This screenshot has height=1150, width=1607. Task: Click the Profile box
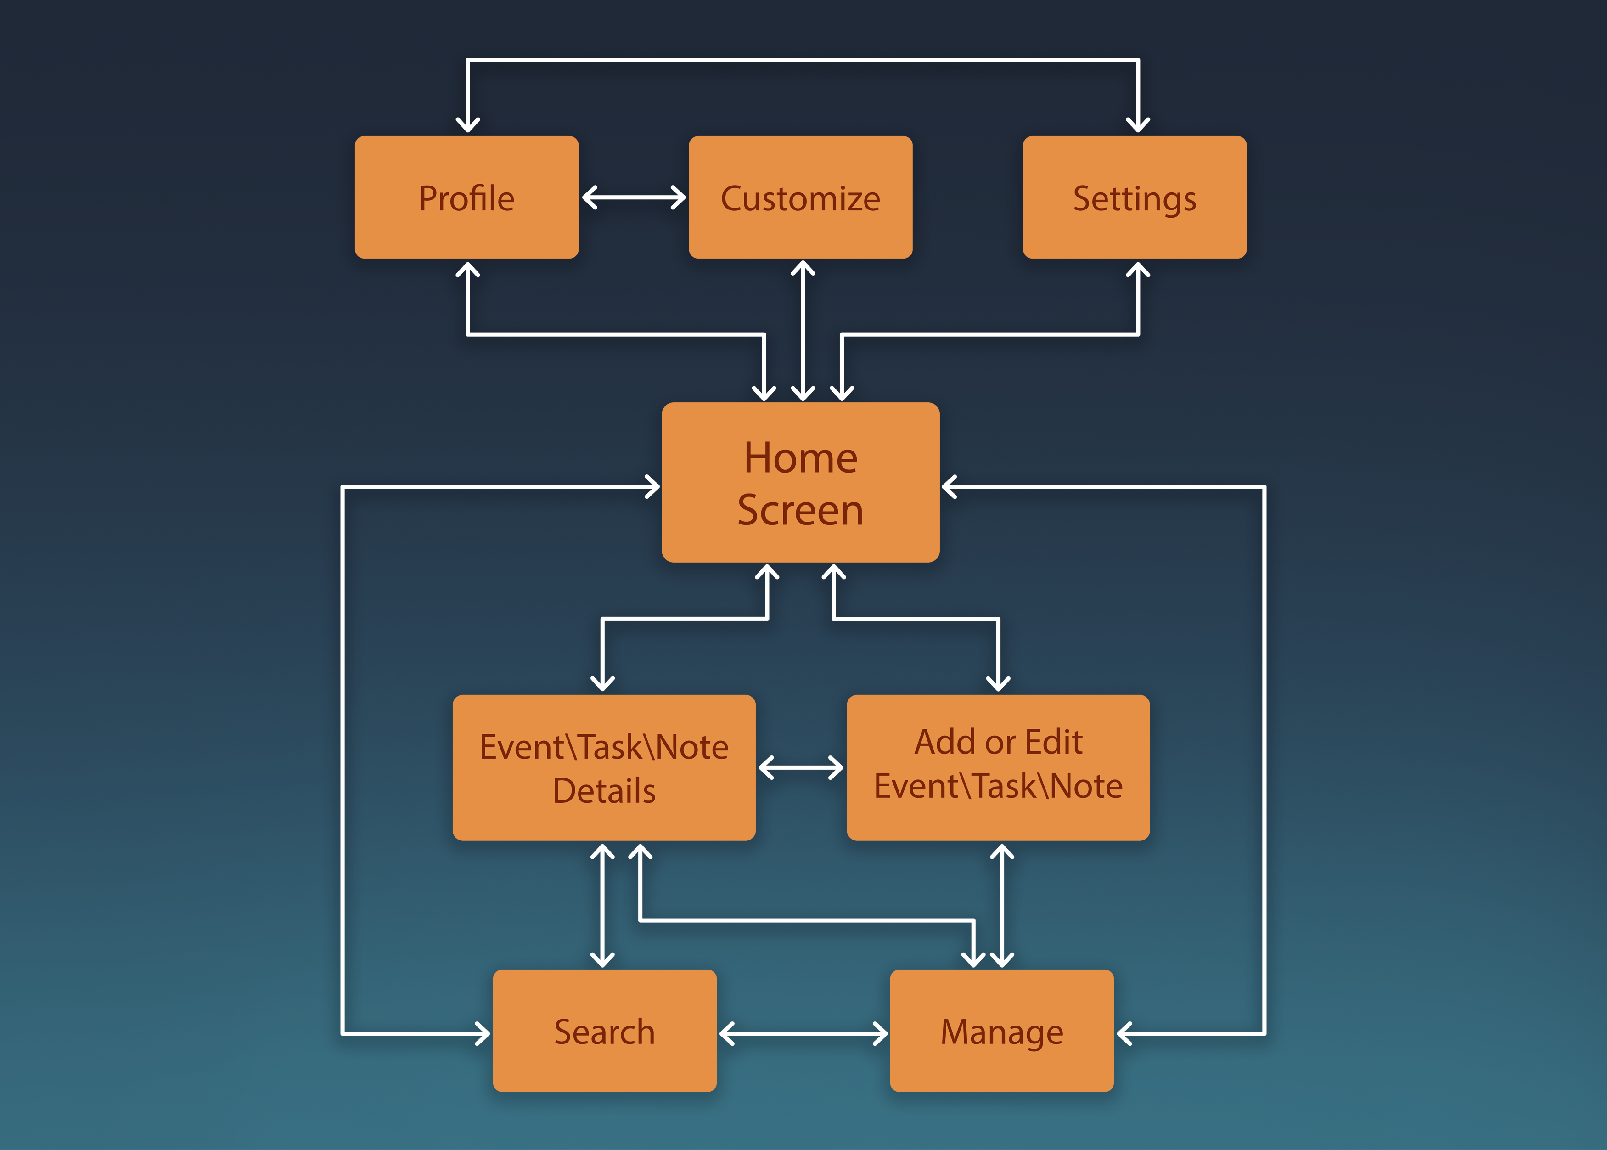[x=466, y=197]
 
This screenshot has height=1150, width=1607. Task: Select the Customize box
[x=801, y=197]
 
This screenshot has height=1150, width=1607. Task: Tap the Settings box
[x=1135, y=197]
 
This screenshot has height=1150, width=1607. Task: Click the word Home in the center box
[x=801, y=457]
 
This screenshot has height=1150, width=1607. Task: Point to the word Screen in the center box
[x=801, y=510]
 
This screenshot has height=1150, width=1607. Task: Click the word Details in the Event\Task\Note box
[x=605, y=790]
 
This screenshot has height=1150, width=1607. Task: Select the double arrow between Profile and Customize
[x=634, y=197]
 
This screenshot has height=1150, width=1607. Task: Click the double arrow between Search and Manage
[x=803, y=1033]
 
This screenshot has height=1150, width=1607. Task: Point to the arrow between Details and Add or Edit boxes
[x=801, y=767]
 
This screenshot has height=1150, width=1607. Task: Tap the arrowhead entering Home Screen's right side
[x=950, y=486]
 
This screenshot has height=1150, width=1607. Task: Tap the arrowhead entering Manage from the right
[x=1125, y=1033]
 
